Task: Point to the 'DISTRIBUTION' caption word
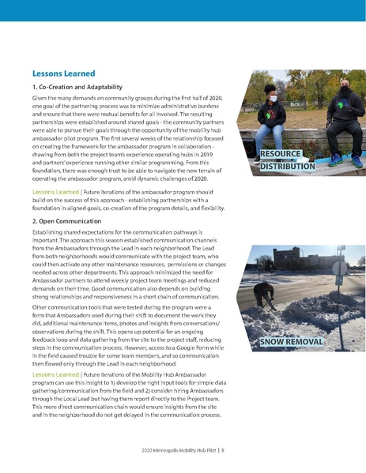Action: coord(288,166)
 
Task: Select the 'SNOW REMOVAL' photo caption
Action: coord(292,341)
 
